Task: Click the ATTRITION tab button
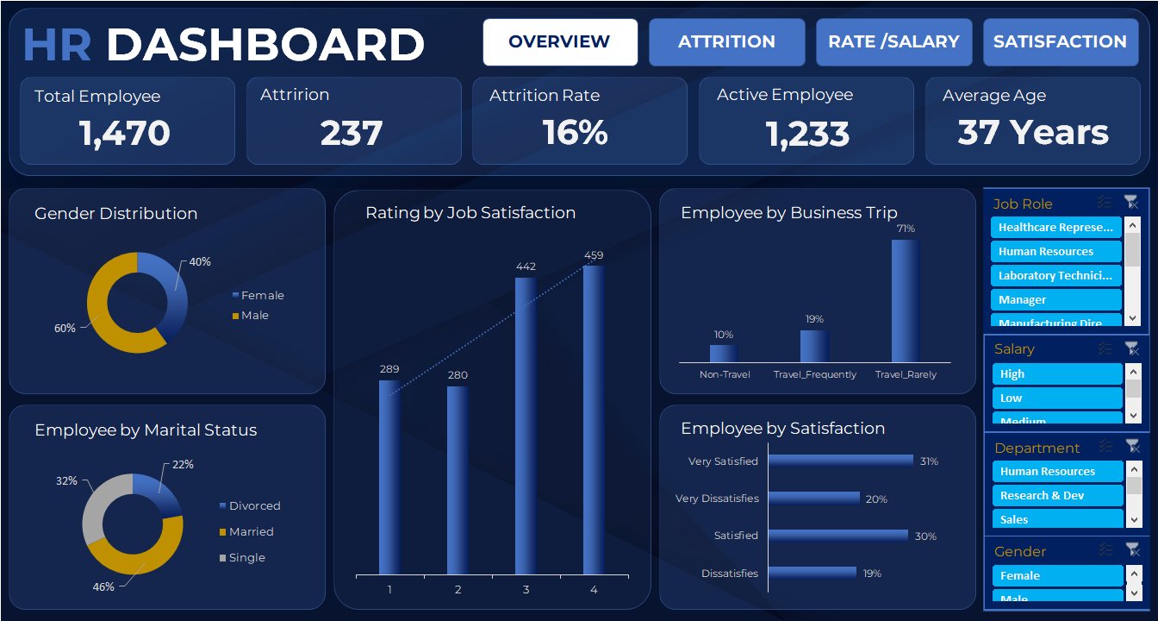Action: (726, 42)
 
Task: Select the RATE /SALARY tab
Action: (893, 42)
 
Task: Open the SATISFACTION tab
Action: (1060, 42)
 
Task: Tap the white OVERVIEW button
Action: (559, 42)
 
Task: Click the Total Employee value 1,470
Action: (125, 134)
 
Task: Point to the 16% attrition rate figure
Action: (576, 134)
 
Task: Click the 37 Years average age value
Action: (1033, 134)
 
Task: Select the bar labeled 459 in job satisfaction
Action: (594, 419)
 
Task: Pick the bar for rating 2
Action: (458, 480)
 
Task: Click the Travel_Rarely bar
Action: (905, 300)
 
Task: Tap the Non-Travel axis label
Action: (725, 375)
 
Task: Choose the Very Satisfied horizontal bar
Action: (840, 461)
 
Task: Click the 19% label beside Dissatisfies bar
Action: (872, 574)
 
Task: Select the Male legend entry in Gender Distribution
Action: (255, 316)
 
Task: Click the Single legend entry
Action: (247, 558)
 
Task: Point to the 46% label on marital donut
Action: (103, 587)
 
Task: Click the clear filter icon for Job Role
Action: (1131, 203)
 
